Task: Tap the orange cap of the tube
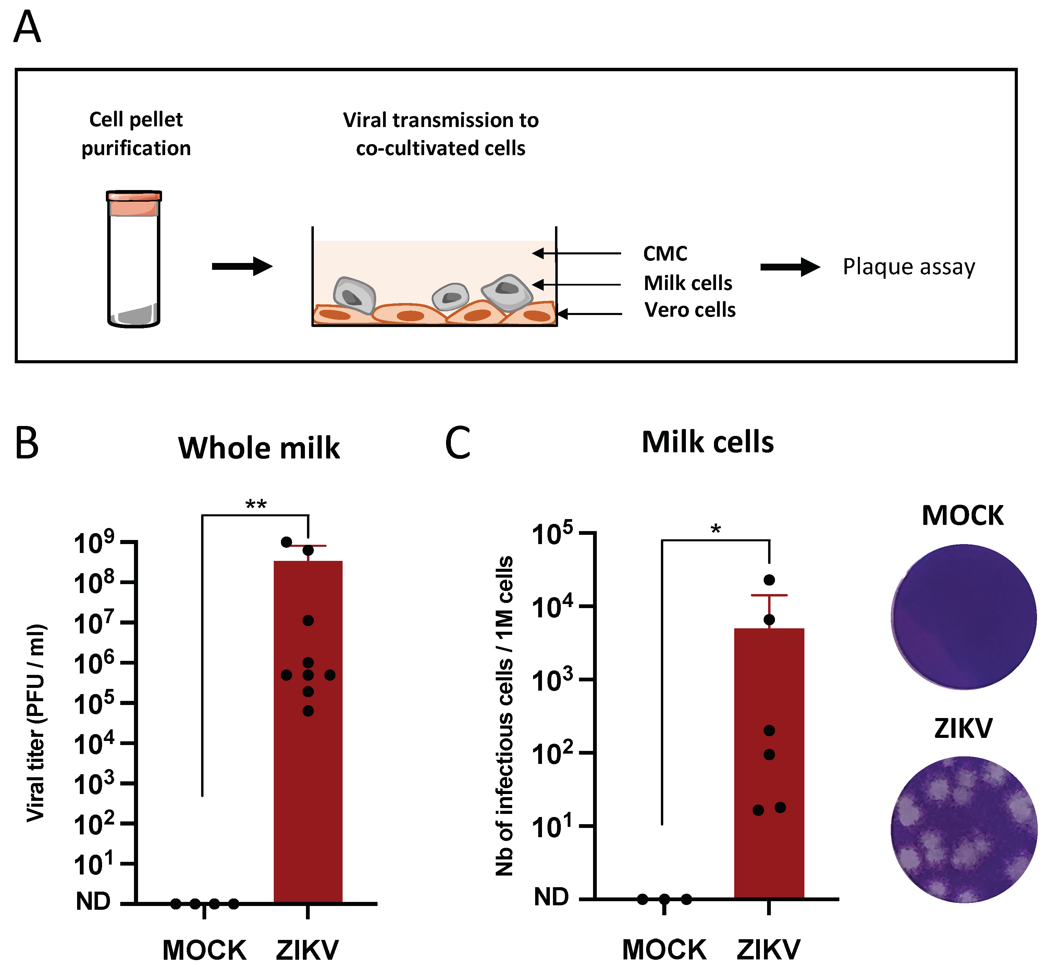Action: [x=134, y=203]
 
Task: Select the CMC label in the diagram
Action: [x=665, y=254]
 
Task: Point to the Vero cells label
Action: [x=690, y=310]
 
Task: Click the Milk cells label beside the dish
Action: [x=688, y=283]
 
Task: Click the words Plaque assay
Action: [x=909, y=267]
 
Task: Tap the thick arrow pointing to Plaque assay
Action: [x=789, y=267]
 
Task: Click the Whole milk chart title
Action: [x=259, y=448]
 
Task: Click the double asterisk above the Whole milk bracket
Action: [x=256, y=504]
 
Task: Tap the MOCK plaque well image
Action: [x=964, y=617]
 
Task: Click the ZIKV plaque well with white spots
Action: [x=964, y=830]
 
